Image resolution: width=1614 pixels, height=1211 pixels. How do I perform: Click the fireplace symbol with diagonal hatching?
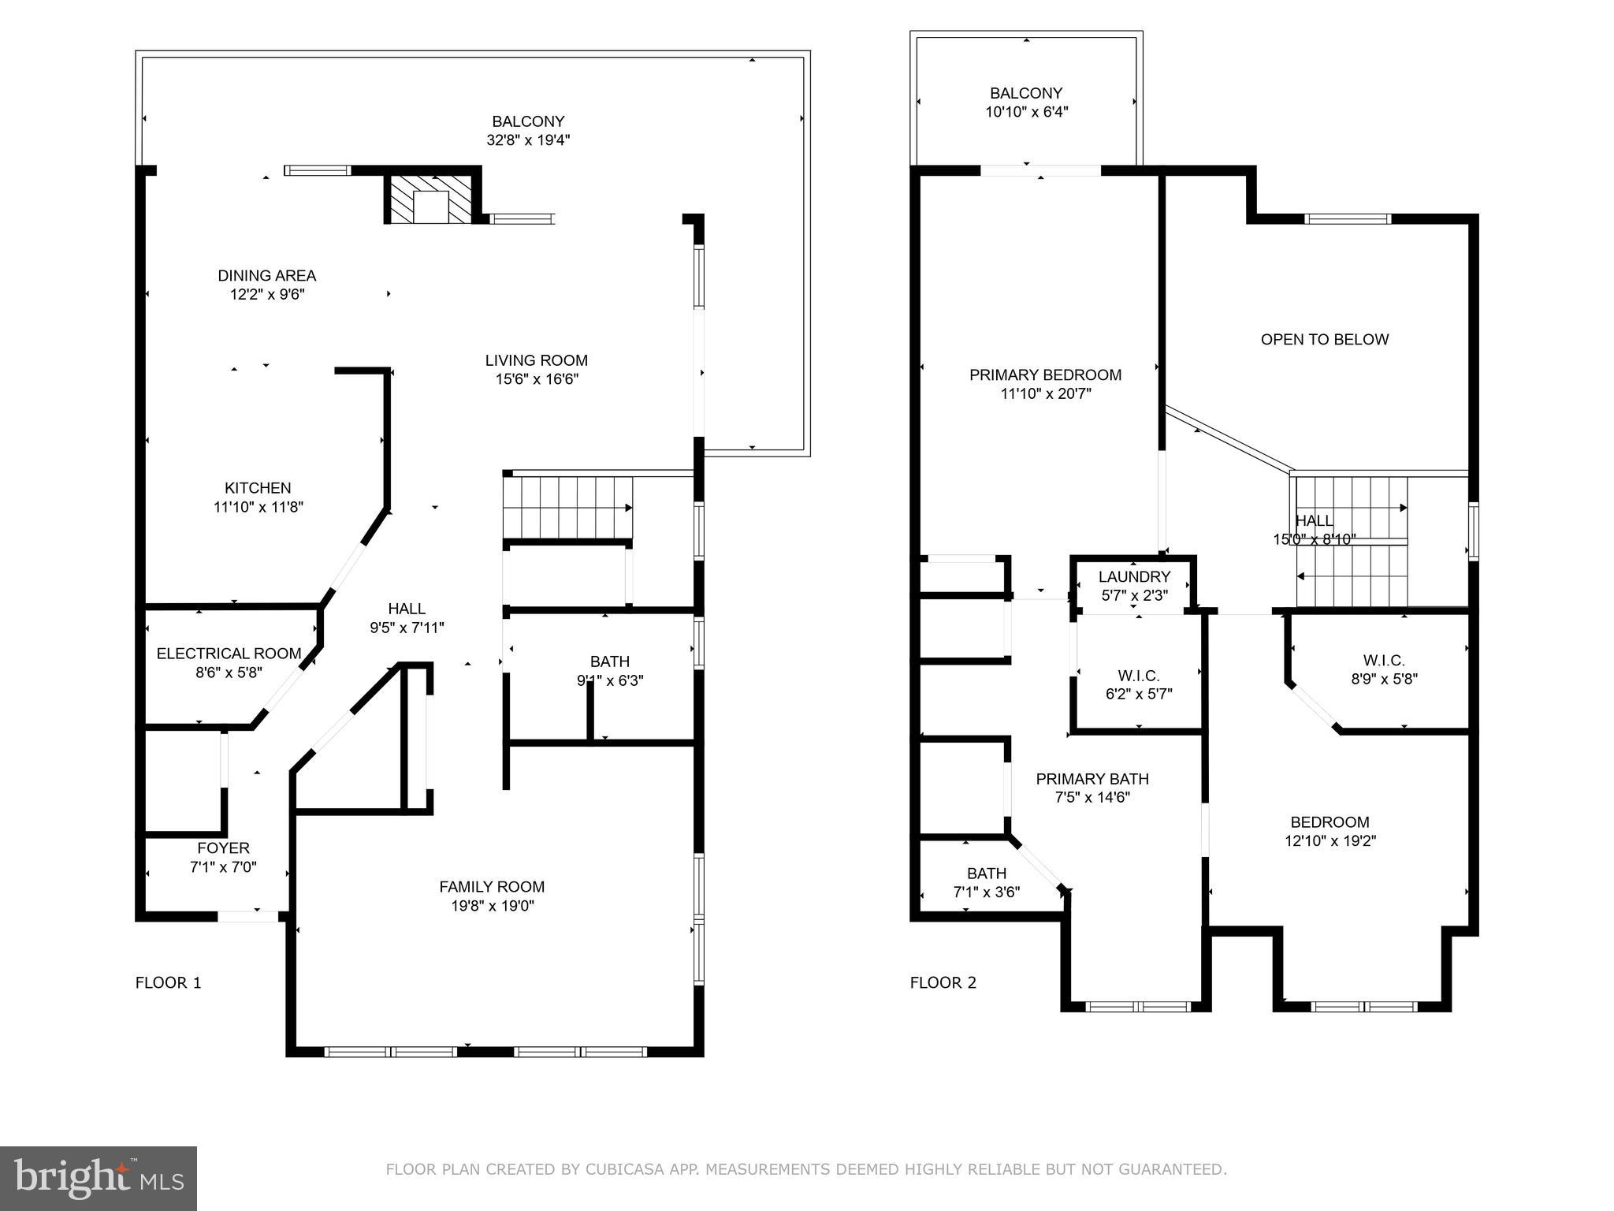pos(432,198)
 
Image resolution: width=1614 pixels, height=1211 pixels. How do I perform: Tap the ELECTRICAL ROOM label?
pos(229,654)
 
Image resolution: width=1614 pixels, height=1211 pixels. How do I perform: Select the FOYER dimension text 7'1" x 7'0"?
pos(223,867)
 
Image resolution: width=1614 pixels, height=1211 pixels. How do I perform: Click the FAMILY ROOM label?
pos(492,887)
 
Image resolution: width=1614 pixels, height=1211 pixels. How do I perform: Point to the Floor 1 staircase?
pos(567,507)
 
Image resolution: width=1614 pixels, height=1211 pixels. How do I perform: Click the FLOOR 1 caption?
pos(168,982)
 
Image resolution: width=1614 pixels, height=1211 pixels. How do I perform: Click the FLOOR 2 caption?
pos(943,982)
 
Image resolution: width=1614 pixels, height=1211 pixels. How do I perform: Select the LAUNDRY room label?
pos(1134,576)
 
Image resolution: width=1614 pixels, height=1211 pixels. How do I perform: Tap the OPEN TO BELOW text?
pos(1324,339)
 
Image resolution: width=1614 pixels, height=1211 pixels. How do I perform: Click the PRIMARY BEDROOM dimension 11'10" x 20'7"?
pos(1045,394)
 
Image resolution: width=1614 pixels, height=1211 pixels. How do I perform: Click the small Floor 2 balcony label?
pos(1026,93)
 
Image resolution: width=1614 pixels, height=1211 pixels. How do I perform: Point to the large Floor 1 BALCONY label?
pos(528,121)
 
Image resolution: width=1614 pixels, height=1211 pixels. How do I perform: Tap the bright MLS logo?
pos(99,1178)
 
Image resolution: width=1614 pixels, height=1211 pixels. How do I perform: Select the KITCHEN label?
pos(258,488)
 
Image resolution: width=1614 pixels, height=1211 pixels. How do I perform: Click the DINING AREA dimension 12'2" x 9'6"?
pos(266,295)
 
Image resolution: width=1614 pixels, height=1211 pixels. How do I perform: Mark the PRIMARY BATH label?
pos(1091,779)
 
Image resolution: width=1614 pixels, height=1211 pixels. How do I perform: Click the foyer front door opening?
pos(247,916)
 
